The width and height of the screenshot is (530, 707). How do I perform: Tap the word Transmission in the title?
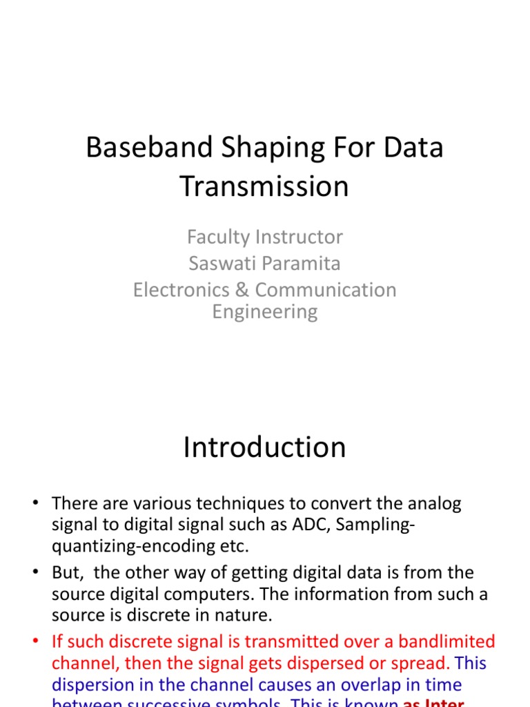click(x=264, y=187)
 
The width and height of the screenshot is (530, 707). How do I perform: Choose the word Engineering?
click(x=264, y=311)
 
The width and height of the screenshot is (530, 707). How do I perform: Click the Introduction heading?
click(x=264, y=447)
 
